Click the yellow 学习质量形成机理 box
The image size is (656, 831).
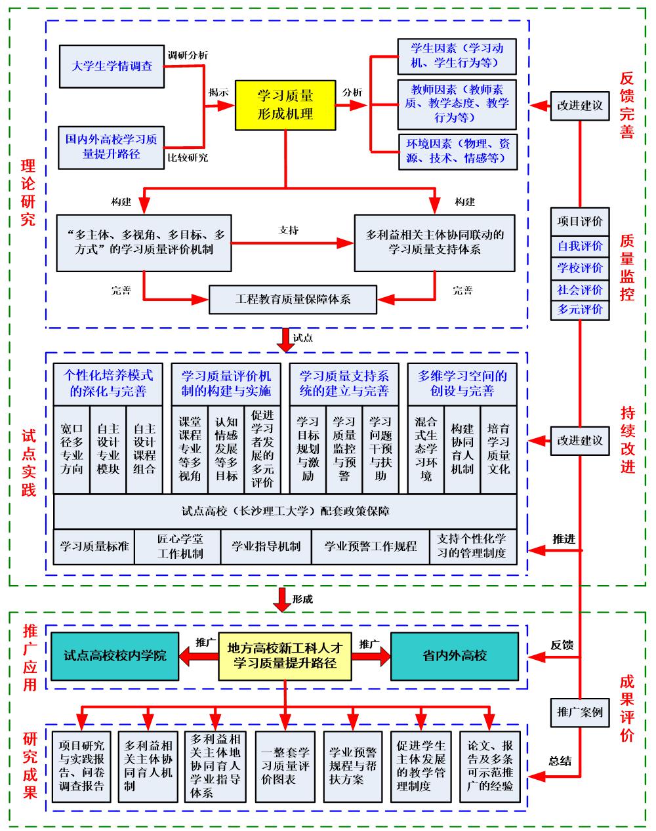pos(285,105)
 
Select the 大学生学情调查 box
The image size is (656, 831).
pos(112,66)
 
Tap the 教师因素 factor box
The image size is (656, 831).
pos(457,104)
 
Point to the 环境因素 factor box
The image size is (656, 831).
pos(457,150)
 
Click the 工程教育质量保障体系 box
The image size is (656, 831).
pos(293,299)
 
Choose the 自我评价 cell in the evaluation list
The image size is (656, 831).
pos(580,246)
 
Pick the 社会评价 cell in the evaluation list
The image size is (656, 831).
pos(580,289)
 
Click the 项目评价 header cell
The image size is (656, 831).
pos(580,222)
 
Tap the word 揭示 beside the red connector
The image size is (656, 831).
pos(218,92)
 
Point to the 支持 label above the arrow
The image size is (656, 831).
pos(289,230)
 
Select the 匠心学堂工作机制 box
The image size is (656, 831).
pos(180,546)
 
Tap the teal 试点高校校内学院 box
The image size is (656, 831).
pos(115,655)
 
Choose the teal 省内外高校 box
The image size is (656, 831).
pos(455,655)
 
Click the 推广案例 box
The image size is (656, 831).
pos(580,712)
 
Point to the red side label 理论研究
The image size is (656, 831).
pos(28,192)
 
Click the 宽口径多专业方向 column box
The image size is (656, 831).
pos(71,449)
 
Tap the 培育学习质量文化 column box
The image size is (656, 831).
pos(499,449)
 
